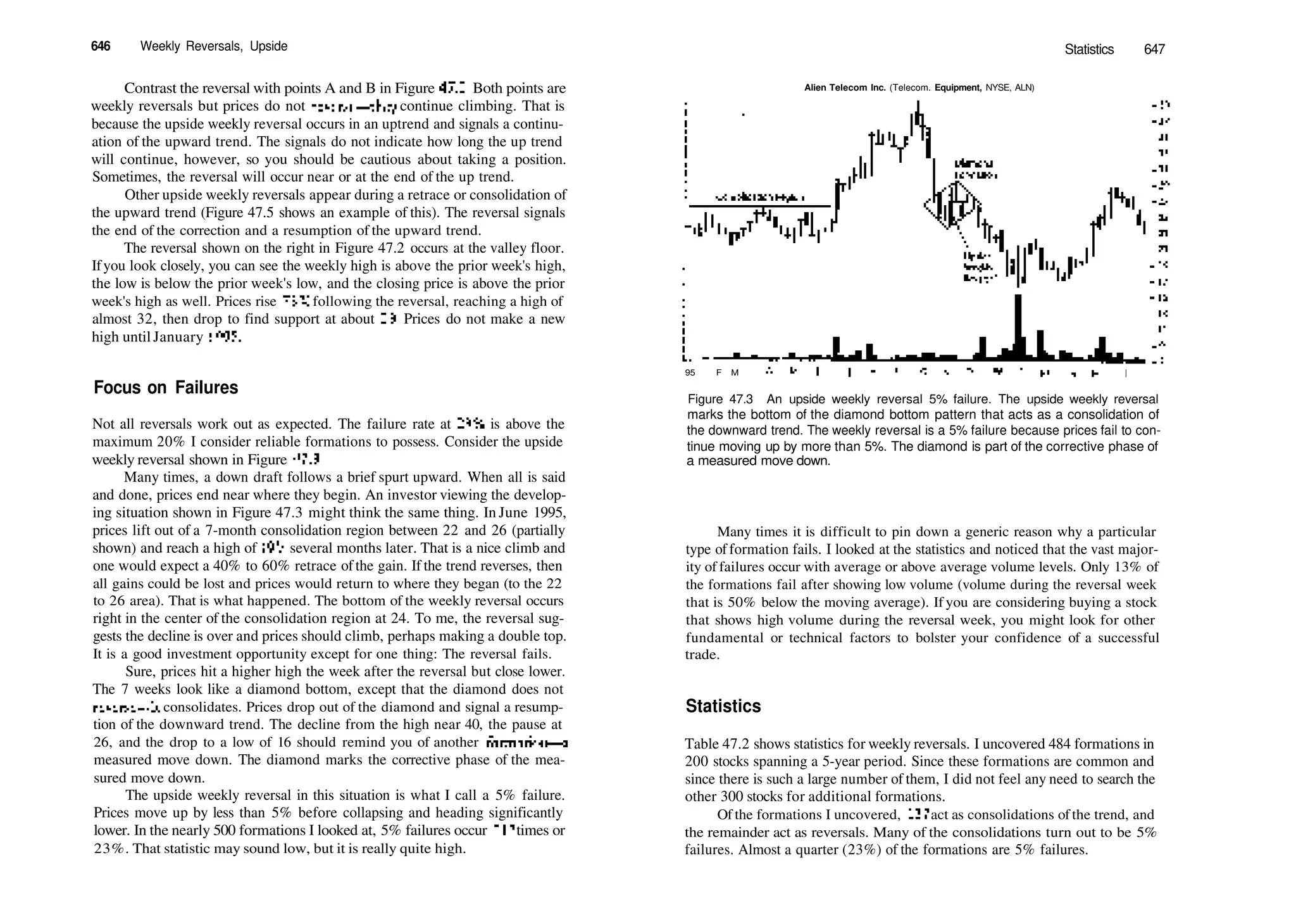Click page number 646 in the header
pos(101,46)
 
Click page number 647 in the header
pos(1154,49)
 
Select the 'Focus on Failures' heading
pos(166,388)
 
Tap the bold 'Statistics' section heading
pos(723,706)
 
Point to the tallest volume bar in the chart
pos(1018,326)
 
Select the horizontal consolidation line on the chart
pos(759,206)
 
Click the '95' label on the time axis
pos(690,373)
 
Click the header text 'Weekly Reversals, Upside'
pos(214,46)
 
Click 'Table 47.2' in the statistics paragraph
pos(717,744)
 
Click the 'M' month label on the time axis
pos(735,373)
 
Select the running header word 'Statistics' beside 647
pos(1089,49)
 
